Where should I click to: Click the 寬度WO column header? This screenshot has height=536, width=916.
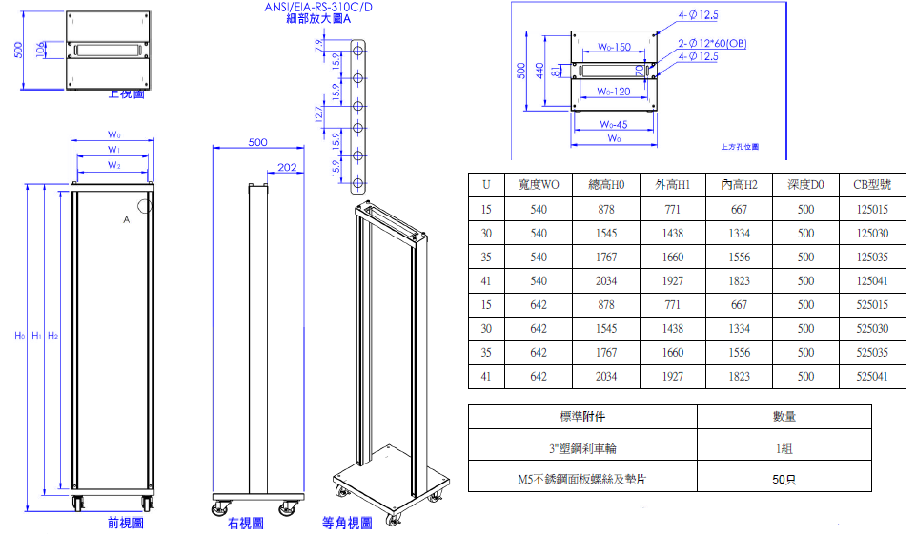coord(539,185)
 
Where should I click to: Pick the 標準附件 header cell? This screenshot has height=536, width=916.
coord(582,417)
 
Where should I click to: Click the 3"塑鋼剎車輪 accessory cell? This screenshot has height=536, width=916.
coord(582,448)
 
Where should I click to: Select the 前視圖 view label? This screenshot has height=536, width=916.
coord(125,524)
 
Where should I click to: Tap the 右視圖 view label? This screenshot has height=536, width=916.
coord(246,524)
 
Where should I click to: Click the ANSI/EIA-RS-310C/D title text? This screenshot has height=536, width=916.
coord(318,8)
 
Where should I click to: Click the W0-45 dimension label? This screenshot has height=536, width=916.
coord(613,125)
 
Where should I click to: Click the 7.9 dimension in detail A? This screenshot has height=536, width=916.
coord(319,47)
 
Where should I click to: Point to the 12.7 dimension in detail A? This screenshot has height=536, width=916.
coord(319,113)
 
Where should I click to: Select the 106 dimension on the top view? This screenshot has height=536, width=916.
coord(39,50)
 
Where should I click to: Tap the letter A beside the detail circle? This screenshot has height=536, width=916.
coord(125,219)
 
